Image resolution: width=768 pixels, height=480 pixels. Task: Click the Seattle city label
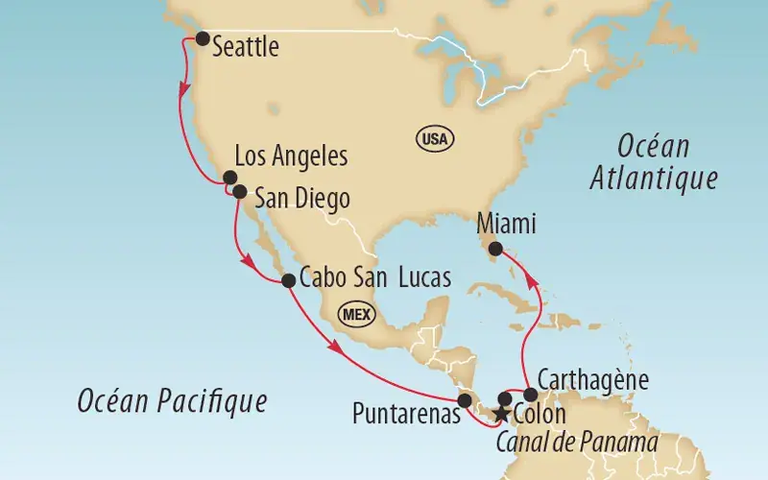pyautogui.click(x=245, y=45)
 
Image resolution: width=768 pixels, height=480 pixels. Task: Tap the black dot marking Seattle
pyautogui.click(x=203, y=38)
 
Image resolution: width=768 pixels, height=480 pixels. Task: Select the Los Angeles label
pyautogui.click(x=291, y=156)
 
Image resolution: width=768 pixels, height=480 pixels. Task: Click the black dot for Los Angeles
pyautogui.click(x=229, y=178)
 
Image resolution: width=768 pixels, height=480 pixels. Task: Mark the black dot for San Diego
pyautogui.click(x=240, y=191)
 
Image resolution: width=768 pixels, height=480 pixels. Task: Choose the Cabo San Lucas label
pyautogui.click(x=374, y=279)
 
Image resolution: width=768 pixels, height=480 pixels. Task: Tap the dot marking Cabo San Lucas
pyautogui.click(x=287, y=281)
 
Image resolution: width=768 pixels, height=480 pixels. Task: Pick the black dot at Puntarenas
pyautogui.click(x=465, y=400)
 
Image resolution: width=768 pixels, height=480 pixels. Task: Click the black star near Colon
pyautogui.click(x=499, y=415)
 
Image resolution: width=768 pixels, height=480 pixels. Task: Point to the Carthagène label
pyautogui.click(x=593, y=378)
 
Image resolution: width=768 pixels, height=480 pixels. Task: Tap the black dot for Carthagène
pyautogui.click(x=531, y=395)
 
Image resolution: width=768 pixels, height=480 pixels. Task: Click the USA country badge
pyautogui.click(x=433, y=139)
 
